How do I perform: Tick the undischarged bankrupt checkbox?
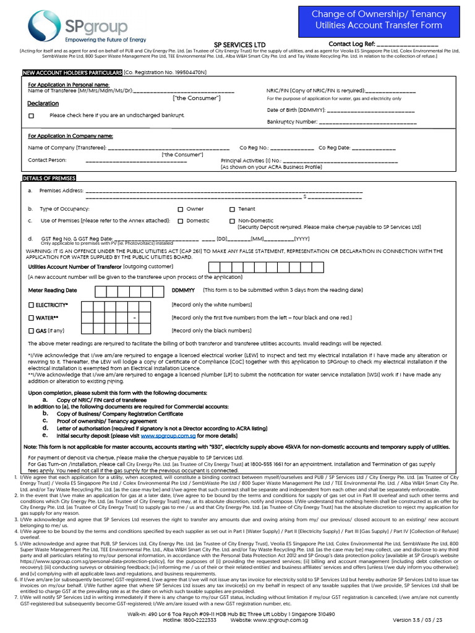[32, 116]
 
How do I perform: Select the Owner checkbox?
[181, 209]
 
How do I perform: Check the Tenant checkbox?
[232, 209]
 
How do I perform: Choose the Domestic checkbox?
[181, 221]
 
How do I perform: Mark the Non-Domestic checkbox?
[232, 221]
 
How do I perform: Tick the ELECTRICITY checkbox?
[32, 305]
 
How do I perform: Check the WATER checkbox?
[32, 318]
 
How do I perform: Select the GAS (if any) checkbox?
[32, 331]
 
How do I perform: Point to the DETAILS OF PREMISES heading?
[49, 178]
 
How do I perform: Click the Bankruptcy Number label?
[291, 122]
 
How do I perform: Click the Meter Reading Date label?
[53, 290]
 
